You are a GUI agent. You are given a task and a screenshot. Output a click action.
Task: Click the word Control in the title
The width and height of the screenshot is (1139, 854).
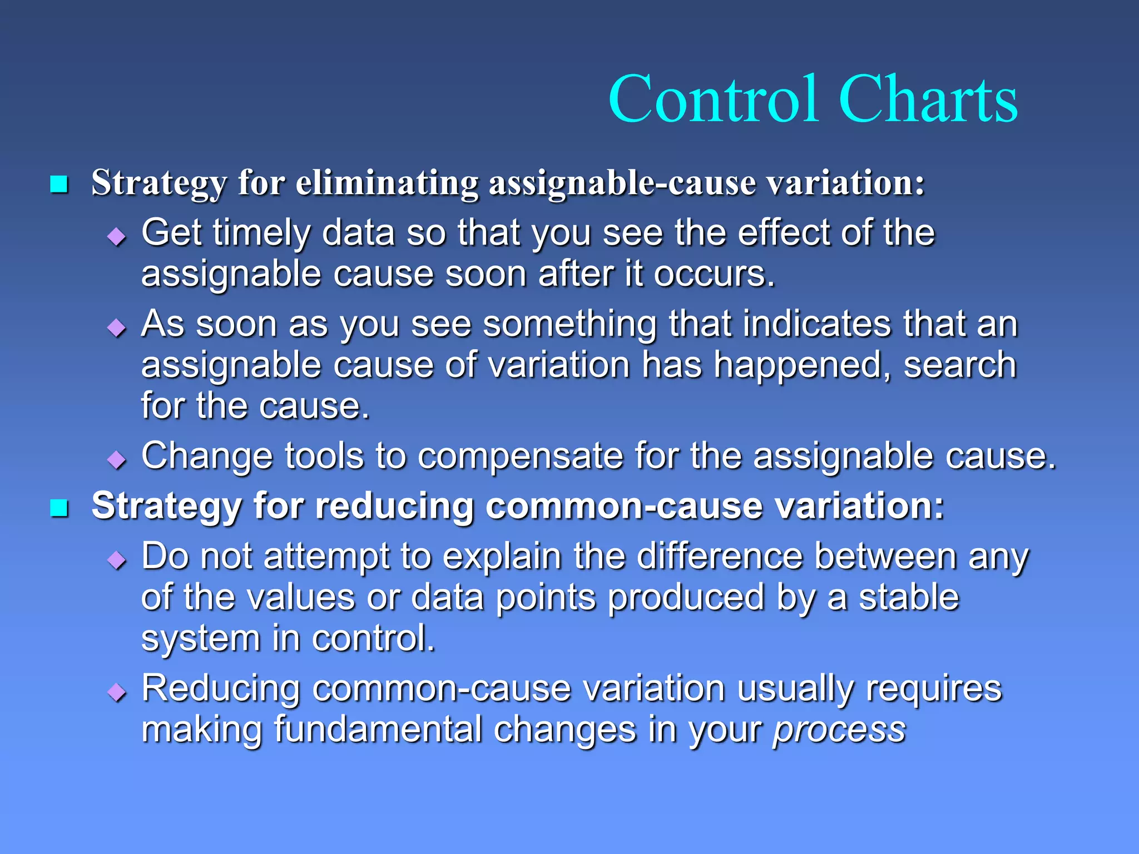714,100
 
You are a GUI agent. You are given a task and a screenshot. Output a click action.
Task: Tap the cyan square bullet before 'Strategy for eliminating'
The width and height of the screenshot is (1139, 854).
59,184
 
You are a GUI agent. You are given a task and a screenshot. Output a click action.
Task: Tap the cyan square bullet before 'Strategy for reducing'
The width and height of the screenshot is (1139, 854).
59,508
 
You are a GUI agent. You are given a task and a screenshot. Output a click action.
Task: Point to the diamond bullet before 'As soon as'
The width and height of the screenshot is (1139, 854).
117,328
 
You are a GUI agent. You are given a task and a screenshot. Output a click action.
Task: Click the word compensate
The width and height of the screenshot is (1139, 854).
520,456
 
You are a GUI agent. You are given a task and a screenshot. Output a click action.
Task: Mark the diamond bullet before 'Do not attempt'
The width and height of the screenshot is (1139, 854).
117,560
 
